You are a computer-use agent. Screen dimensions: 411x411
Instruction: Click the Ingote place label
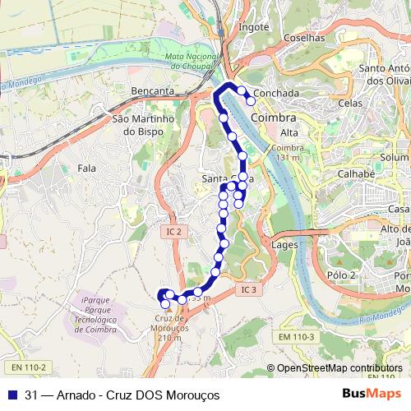tap(254, 26)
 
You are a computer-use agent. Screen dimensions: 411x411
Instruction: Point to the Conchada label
tap(276, 94)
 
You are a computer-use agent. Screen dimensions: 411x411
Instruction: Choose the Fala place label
tap(85, 168)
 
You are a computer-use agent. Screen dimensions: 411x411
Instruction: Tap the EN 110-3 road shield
tap(297, 336)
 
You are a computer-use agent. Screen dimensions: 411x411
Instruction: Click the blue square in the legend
tap(12, 395)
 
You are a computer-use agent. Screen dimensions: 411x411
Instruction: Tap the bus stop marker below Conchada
tap(251, 101)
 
